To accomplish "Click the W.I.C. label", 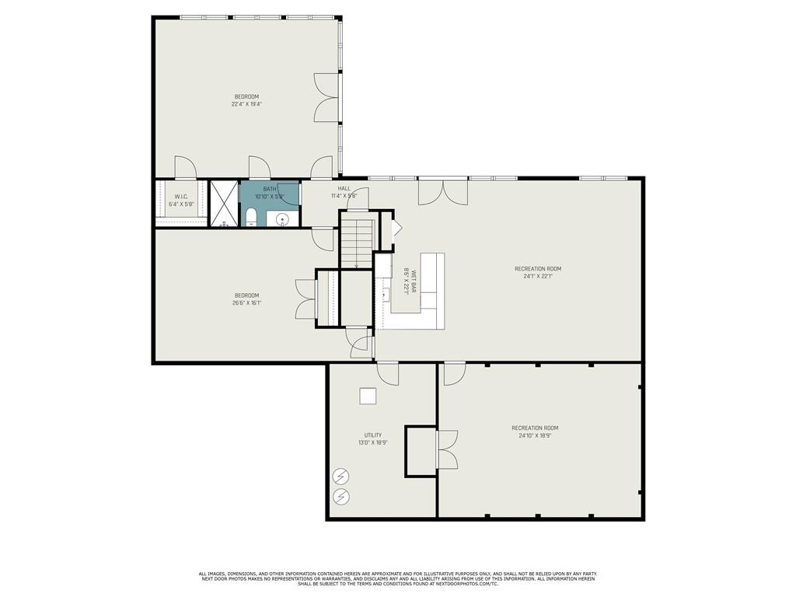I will point(180,197).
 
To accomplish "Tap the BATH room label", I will point(270,189).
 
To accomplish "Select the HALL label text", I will point(344,188).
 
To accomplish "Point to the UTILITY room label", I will point(373,435).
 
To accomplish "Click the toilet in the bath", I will point(251,217).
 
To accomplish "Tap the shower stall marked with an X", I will point(224,204).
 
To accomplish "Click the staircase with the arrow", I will point(357,243).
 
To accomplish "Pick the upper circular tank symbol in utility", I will point(341,477).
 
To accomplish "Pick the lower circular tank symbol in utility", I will point(341,496).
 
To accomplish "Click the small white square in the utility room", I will point(368,396).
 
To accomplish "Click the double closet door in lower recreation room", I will point(448,449).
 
